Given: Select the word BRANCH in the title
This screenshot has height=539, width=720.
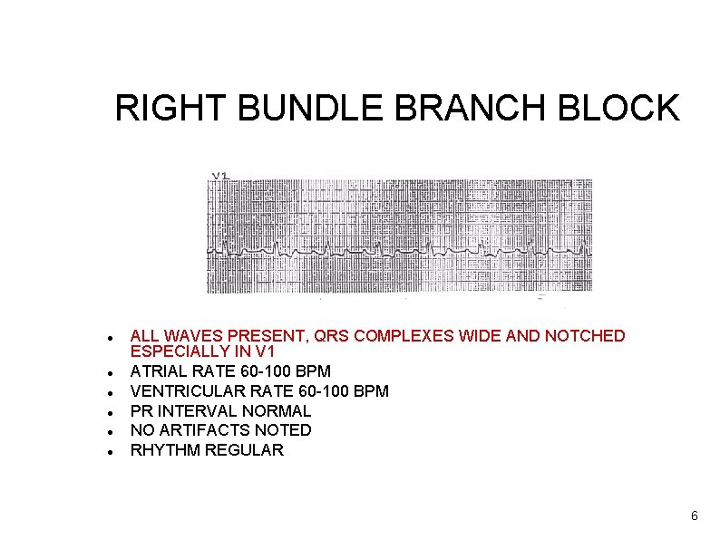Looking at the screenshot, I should pos(467,109).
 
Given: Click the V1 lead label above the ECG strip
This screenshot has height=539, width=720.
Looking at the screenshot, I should pos(220,176).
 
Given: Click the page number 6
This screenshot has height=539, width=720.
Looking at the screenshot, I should pos(694,516).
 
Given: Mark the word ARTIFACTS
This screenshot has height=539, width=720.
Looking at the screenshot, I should pos(208,430).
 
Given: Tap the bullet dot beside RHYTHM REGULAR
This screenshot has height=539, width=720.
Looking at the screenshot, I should pos(109,451).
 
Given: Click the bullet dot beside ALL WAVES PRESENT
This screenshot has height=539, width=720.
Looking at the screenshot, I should pos(109,337).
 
